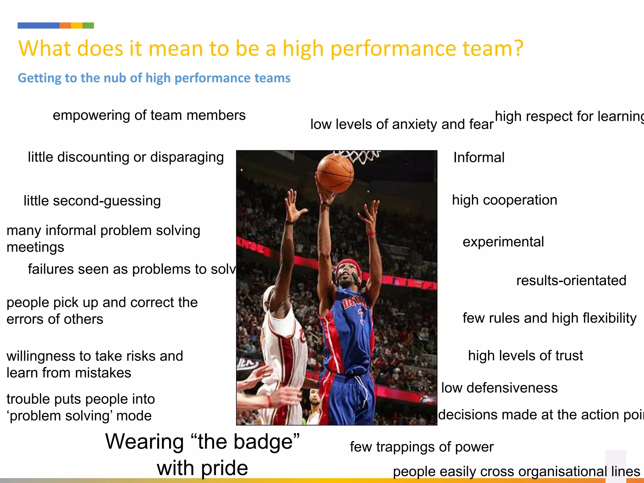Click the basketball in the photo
coord(335,173)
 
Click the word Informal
coord(479,158)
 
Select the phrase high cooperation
coord(504,200)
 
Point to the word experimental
coord(503,242)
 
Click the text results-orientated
coord(571,280)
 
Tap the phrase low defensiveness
coord(499,388)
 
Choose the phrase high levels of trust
coord(525,356)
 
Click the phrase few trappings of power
coord(422,447)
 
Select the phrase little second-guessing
coord(92,201)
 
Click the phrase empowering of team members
coord(149,115)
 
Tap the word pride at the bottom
coord(224,468)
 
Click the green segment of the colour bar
coord(88,25)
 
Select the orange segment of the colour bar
coord(65,25)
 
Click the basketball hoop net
coord(358,156)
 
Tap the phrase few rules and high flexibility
coord(549,318)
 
